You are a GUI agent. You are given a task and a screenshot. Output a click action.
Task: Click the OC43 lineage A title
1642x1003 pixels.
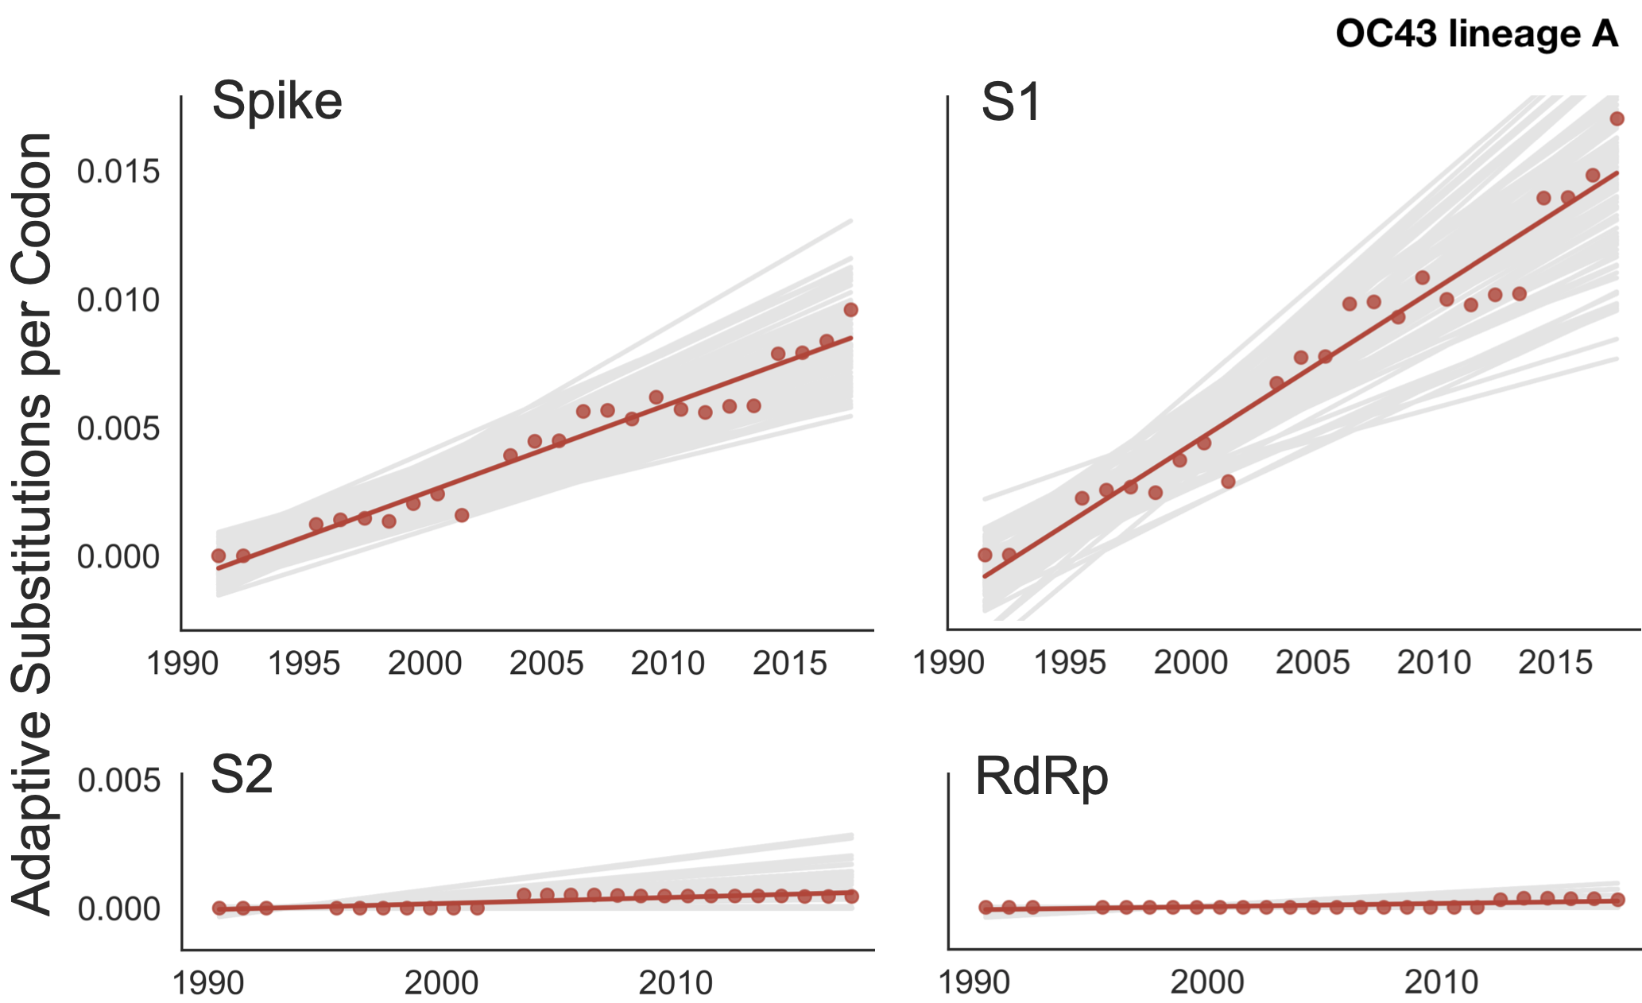coord(1477,34)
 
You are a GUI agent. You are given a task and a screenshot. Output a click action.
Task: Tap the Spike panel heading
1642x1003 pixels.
coord(277,102)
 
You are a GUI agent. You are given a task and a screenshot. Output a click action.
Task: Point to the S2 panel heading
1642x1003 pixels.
coord(242,775)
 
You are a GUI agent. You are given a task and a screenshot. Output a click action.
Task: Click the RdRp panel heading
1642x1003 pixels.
coord(1041,776)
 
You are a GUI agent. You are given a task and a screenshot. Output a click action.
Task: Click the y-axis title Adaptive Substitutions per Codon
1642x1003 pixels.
coord(32,525)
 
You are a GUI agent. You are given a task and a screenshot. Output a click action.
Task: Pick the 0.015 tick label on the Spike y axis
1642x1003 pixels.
coord(118,172)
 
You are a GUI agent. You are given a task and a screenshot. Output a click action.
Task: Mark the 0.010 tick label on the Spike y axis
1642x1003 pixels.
coord(118,300)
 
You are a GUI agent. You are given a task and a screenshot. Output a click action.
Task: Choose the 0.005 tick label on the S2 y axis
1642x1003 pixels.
coord(118,780)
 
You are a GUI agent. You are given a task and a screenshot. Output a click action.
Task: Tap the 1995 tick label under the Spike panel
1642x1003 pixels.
coord(304,664)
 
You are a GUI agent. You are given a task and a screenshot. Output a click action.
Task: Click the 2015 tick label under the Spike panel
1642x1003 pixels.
coord(789,664)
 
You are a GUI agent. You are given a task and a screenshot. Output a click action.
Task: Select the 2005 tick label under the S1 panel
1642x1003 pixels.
coord(1312,663)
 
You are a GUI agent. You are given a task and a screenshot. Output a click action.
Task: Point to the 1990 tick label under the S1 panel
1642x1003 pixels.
coord(949,663)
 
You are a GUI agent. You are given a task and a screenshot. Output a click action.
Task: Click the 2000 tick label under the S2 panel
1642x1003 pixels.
coord(441,984)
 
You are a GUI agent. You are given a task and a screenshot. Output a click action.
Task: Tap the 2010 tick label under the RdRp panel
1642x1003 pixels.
coord(1441,983)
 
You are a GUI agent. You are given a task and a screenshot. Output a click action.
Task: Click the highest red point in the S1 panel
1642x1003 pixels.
coord(1617,119)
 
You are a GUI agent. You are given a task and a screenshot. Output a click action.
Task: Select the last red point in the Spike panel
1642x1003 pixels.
coord(850,310)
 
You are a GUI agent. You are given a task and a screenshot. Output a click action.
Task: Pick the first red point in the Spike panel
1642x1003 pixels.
coord(219,556)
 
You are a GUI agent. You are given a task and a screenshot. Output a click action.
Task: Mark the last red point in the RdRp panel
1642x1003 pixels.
coord(1617,900)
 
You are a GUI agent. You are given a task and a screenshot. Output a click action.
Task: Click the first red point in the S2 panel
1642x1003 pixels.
coord(219,908)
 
